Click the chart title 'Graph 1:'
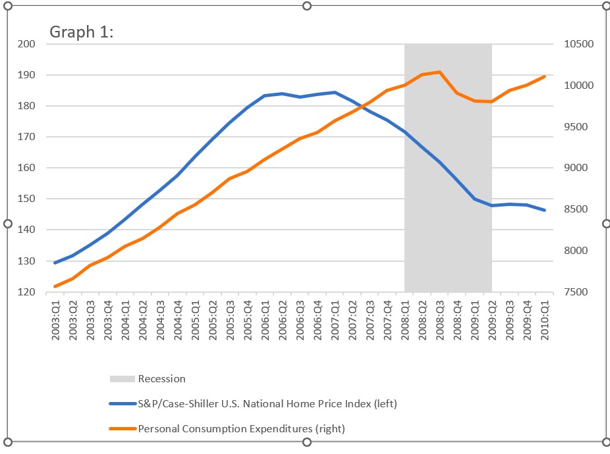(x=82, y=32)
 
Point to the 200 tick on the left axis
(x=26, y=44)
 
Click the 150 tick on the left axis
(x=26, y=199)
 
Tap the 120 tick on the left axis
(x=26, y=292)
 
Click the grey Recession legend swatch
(x=122, y=379)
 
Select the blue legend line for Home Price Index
(x=122, y=403)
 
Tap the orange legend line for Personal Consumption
(x=122, y=428)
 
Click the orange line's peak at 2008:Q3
(x=439, y=72)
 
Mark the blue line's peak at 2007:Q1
(x=335, y=92)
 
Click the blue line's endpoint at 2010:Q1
(x=545, y=210)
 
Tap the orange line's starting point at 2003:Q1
(x=55, y=286)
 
